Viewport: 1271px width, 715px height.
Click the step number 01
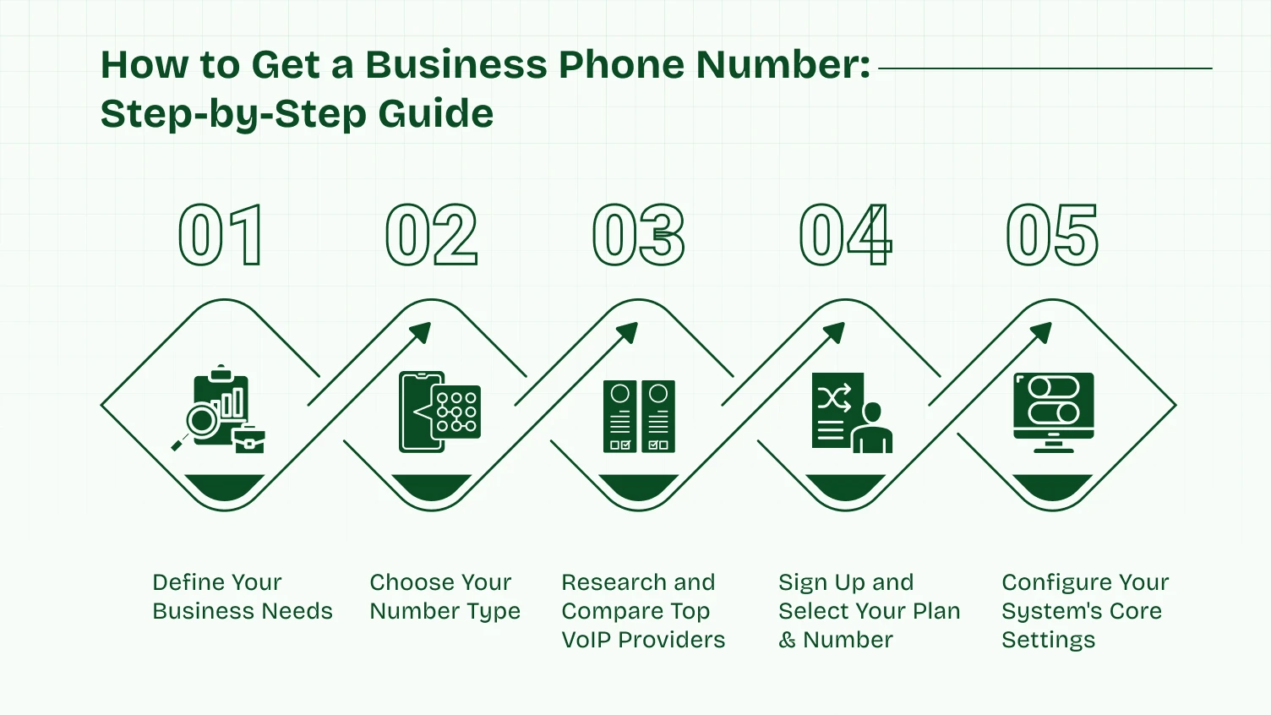221,236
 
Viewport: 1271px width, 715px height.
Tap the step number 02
432,236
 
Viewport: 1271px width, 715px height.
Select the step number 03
639,236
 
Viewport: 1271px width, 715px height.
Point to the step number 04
846,236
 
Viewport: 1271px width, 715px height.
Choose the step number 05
1053,236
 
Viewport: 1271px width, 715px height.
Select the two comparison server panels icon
639,416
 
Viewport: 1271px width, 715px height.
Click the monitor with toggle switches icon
1054,412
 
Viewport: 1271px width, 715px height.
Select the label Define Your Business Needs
243,597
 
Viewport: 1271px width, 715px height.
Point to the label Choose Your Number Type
445,597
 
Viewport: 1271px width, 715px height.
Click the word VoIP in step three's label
586,640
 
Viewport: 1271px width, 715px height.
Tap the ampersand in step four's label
788,640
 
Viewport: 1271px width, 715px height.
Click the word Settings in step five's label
1048,640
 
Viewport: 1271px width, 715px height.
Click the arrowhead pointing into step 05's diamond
1042,332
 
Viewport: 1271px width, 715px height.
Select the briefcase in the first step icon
249,440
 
